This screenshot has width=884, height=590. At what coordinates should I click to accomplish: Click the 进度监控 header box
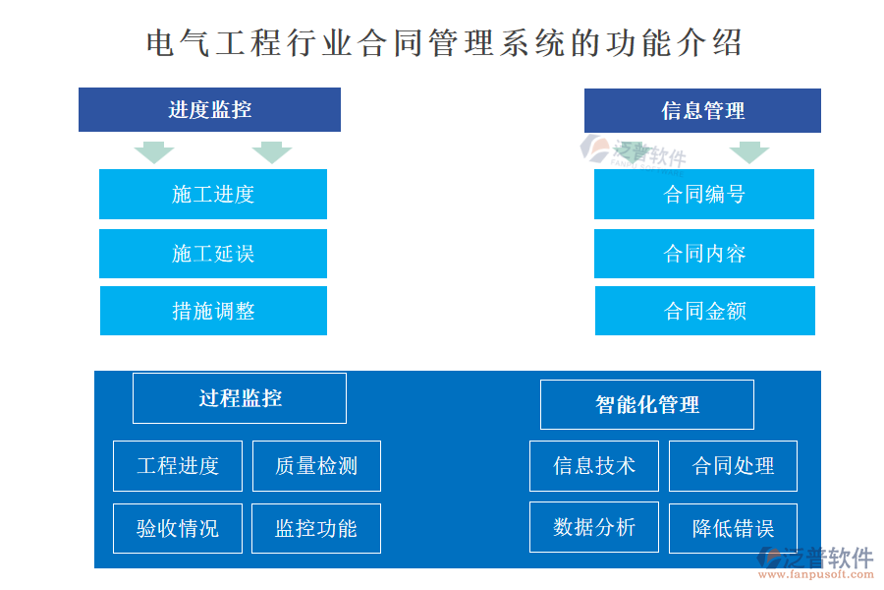click(210, 109)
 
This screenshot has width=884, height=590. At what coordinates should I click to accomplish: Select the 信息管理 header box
click(702, 111)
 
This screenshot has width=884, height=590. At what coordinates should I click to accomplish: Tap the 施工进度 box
click(213, 195)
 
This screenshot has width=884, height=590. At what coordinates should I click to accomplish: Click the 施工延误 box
click(213, 254)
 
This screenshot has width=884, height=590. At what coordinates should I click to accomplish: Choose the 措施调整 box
click(214, 311)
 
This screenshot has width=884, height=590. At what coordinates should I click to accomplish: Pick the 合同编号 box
click(704, 195)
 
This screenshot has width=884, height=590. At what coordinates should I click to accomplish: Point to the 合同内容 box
click(704, 254)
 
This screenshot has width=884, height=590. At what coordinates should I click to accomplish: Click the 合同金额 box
click(705, 311)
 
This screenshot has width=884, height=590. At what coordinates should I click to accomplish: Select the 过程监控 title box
click(240, 398)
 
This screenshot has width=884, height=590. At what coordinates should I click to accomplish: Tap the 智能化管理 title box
click(647, 405)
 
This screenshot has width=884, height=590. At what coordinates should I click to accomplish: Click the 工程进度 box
click(178, 466)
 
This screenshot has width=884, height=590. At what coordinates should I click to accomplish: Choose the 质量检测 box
click(316, 466)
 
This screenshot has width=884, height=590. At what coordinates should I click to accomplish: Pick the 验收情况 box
click(178, 528)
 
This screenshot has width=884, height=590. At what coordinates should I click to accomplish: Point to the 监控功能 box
click(316, 528)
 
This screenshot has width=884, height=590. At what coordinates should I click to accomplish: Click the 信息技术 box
click(594, 466)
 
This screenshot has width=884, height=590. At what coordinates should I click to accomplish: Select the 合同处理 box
click(733, 466)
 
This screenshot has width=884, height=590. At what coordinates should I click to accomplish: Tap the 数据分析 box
click(594, 527)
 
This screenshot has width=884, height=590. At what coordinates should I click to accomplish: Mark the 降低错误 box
click(733, 528)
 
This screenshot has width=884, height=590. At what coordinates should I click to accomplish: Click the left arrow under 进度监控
click(154, 152)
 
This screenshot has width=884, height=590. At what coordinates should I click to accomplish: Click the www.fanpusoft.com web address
click(816, 574)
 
